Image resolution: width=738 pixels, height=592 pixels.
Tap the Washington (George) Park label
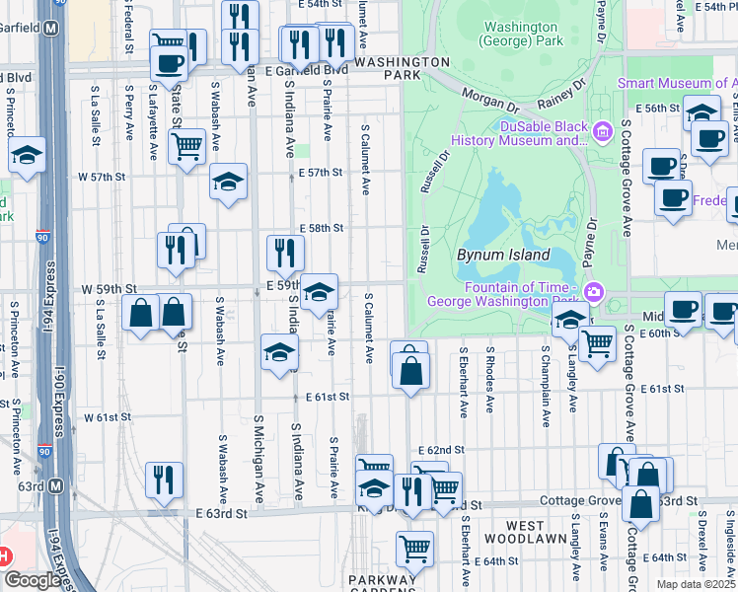click(520, 35)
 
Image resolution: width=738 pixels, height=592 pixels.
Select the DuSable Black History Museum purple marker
click(601, 126)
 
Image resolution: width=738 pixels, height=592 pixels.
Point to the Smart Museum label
click(677, 84)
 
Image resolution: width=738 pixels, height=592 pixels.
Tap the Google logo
click(32, 580)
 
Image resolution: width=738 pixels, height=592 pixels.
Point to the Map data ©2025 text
click(695, 584)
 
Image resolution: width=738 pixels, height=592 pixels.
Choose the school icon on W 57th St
click(228, 182)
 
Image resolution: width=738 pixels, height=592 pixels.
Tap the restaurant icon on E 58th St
click(285, 253)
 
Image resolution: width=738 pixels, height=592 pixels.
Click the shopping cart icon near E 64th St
click(415, 548)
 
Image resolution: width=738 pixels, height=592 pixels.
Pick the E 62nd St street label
click(440, 449)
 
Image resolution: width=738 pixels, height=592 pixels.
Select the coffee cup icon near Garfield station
click(169, 63)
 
